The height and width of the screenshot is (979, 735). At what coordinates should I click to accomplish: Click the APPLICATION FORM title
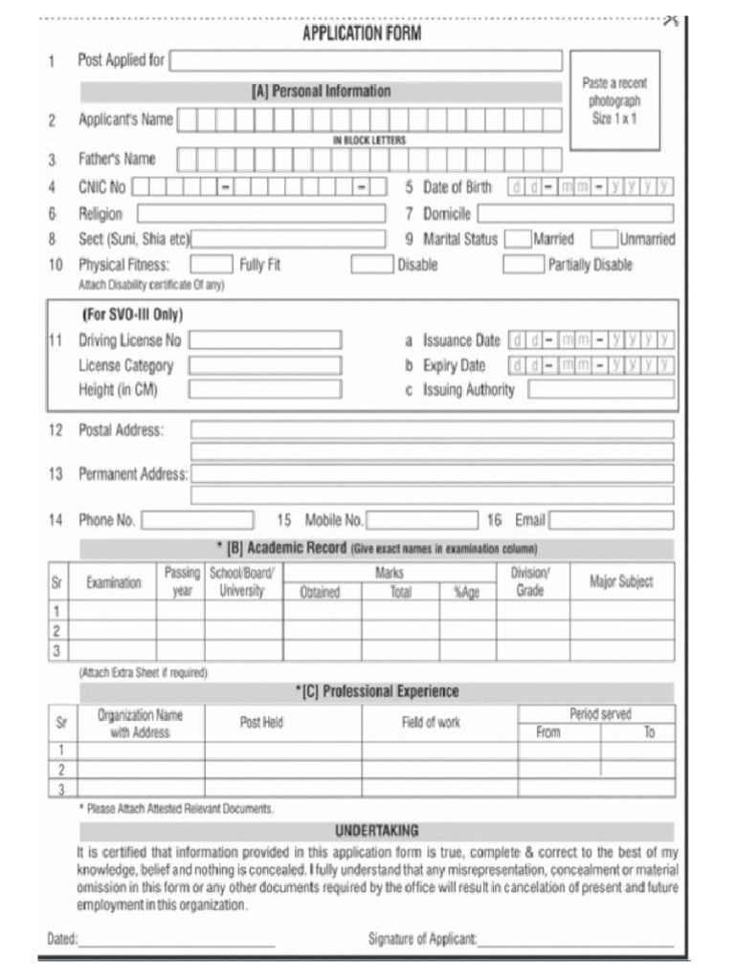pos(361,33)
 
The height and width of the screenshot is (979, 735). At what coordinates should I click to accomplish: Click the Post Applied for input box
pos(366,61)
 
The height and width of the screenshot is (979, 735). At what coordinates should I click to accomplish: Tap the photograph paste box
pos(614,100)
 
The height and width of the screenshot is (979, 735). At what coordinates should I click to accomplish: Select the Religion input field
pos(260,213)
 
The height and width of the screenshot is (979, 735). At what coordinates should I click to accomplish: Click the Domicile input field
pos(575,213)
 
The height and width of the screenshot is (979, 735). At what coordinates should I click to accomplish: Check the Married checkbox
pos(518,239)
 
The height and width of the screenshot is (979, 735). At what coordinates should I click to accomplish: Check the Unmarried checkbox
pos(604,239)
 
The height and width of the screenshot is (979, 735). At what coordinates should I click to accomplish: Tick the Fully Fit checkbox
pos(212,265)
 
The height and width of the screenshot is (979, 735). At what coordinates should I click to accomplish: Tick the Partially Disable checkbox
pos(523,265)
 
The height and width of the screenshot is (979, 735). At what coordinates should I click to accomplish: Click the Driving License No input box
pos(265,340)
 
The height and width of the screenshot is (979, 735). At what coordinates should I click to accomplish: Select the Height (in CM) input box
pos(265,389)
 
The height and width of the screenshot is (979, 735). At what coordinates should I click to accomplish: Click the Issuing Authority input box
pos(601,389)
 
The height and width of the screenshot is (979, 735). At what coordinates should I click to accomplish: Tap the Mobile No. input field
pos(421,520)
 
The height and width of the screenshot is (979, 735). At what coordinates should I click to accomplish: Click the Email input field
pos(611,520)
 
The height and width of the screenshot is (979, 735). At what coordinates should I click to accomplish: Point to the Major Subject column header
pos(621,582)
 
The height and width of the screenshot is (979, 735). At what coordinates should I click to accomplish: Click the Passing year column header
pos(182,581)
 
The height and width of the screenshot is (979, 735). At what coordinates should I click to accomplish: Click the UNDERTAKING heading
pos(376,831)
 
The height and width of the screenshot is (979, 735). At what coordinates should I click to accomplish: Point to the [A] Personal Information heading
pos(321,92)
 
